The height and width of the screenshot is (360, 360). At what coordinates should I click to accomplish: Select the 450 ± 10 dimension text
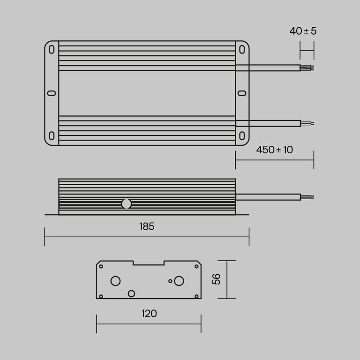pyautogui.click(x=275, y=150)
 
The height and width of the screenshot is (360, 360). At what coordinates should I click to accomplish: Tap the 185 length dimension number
pyautogui.click(x=147, y=227)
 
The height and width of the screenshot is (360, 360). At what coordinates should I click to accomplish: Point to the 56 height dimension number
pyautogui.click(x=216, y=279)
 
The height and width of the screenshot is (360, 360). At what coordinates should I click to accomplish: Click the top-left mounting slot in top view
pyautogui.click(x=52, y=49)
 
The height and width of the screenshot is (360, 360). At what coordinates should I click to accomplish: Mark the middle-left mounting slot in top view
pyautogui.click(x=52, y=93)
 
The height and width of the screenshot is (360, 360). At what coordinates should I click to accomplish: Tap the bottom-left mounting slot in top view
pyautogui.click(x=52, y=136)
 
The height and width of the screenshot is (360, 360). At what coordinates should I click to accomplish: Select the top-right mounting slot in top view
pyautogui.click(x=242, y=49)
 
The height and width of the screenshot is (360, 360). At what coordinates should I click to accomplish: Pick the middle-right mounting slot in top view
pyautogui.click(x=242, y=93)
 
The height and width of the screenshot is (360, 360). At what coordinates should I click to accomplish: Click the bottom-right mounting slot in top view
pyautogui.click(x=242, y=136)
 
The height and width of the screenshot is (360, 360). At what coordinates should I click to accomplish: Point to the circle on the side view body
pyautogui.click(x=127, y=204)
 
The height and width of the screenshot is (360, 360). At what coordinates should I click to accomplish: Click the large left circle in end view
pyautogui.click(x=115, y=281)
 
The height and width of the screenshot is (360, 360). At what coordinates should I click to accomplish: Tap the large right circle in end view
pyautogui.click(x=179, y=281)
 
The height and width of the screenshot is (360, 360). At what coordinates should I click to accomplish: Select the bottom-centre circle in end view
pyautogui.click(x=131, y=293)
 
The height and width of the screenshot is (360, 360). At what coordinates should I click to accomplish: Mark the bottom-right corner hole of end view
pyautogui.click(x=196, y=296)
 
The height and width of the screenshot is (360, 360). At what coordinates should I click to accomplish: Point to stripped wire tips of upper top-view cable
pyautogui.click(x=307, y=67)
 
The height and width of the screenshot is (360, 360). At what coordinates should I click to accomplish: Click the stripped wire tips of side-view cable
pyautogui.click(x=307, y=197)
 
